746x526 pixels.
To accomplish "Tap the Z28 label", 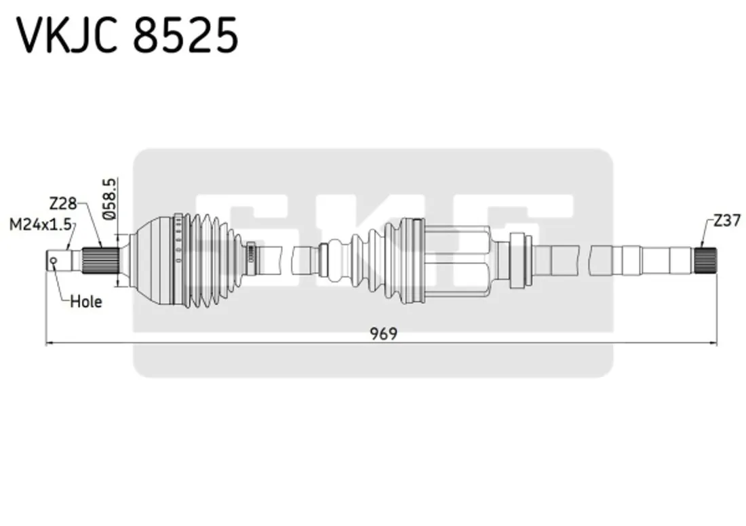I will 62,203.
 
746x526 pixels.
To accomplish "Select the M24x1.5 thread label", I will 40,224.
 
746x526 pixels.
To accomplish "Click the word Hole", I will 86,302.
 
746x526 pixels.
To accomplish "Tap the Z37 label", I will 726,220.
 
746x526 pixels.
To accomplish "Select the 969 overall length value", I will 383,333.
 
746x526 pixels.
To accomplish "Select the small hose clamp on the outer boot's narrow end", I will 250,254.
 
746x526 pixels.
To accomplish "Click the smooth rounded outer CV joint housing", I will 153,261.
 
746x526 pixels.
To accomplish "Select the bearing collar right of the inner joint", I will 519,260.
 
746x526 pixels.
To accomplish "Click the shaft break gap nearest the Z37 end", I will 585,260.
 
